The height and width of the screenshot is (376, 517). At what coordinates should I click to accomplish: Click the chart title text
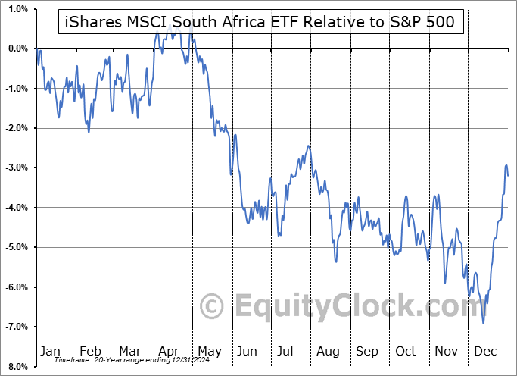[x=258, y=22]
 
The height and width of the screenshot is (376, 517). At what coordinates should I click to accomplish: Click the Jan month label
[x=50, y=351]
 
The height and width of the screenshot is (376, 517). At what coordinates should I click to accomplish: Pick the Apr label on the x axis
[x=169, y=351]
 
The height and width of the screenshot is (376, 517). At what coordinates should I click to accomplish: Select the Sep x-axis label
[x=367, y=351]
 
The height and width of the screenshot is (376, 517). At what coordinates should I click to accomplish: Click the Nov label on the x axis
[x=447, y=351]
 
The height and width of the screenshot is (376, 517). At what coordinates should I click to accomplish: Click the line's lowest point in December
[x=483, y=323]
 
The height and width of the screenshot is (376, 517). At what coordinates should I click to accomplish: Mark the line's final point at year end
[x=508, y=175]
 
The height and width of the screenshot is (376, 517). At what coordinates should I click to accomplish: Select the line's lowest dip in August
[x=336, y=262]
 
